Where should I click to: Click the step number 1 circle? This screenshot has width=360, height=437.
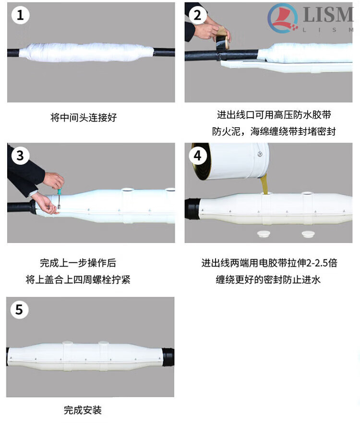point(20,15)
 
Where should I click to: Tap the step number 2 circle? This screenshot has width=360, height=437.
point(198,15)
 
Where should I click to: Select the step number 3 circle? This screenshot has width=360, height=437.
point(20,156)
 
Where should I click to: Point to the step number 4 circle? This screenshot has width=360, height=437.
point(198,156)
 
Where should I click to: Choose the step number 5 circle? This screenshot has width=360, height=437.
point(19,310)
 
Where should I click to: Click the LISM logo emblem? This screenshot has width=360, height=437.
point(283,18)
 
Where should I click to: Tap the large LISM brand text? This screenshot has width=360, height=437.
point(328,14)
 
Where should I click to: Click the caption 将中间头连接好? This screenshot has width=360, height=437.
point(84,118)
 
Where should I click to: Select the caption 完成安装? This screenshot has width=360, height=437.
point(83,410)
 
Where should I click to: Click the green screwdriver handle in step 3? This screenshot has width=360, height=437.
point(59,192)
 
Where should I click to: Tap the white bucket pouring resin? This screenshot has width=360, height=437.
point(231,161)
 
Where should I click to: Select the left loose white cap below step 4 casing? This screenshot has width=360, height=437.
point(263,234)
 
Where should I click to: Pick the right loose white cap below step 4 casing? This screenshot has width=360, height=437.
point(308,234)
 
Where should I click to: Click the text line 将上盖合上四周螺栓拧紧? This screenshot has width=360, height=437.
point(78,279)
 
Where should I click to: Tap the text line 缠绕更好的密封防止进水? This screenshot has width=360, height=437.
point(268,279)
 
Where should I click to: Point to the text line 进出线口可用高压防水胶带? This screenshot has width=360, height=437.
point(274,115)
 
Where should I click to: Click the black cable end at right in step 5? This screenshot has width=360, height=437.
point(168,357)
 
